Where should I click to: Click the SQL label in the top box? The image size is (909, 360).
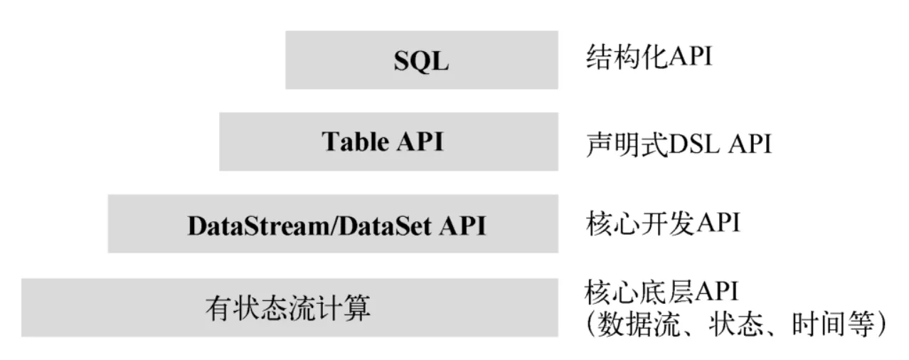(421, 61)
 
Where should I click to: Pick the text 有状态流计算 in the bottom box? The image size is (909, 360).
(288, 309)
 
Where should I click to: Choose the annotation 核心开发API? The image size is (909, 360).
(661, 223)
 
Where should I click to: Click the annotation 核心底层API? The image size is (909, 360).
(661, 292)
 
